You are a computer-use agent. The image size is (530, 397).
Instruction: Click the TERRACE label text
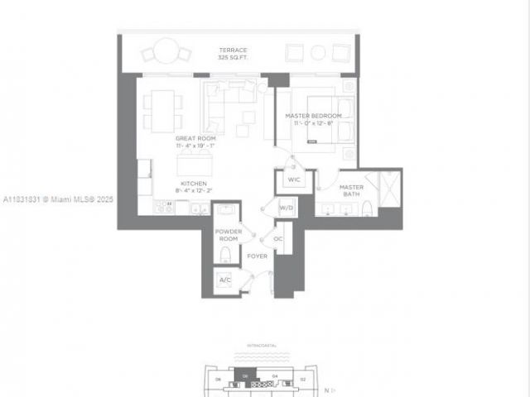(x=233, y=50)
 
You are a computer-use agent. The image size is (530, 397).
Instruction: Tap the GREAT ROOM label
(x=195, y=138)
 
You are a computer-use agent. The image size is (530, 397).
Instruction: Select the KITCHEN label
(x=195, y=183)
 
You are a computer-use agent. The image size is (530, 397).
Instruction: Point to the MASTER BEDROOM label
(x=314, y=116)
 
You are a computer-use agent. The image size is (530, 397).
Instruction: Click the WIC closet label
(x=294, y=179)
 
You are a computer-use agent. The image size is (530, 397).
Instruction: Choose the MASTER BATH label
(x=351, y=192)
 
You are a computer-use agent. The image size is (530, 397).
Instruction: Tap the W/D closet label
(x=287, y=208)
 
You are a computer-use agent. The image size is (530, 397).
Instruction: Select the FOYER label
(x=257, y=256)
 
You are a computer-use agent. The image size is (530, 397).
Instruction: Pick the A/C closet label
(x=225, y=280)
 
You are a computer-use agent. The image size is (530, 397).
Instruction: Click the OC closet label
(x=278, y=238)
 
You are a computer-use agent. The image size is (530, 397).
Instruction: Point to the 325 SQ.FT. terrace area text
(x=233, y=58)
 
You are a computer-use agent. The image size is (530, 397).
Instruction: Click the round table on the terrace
(x=166, y=50)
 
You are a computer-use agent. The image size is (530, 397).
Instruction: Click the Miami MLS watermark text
(x=58, y=199)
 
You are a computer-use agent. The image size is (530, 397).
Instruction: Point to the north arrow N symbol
(x=326, y=389)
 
